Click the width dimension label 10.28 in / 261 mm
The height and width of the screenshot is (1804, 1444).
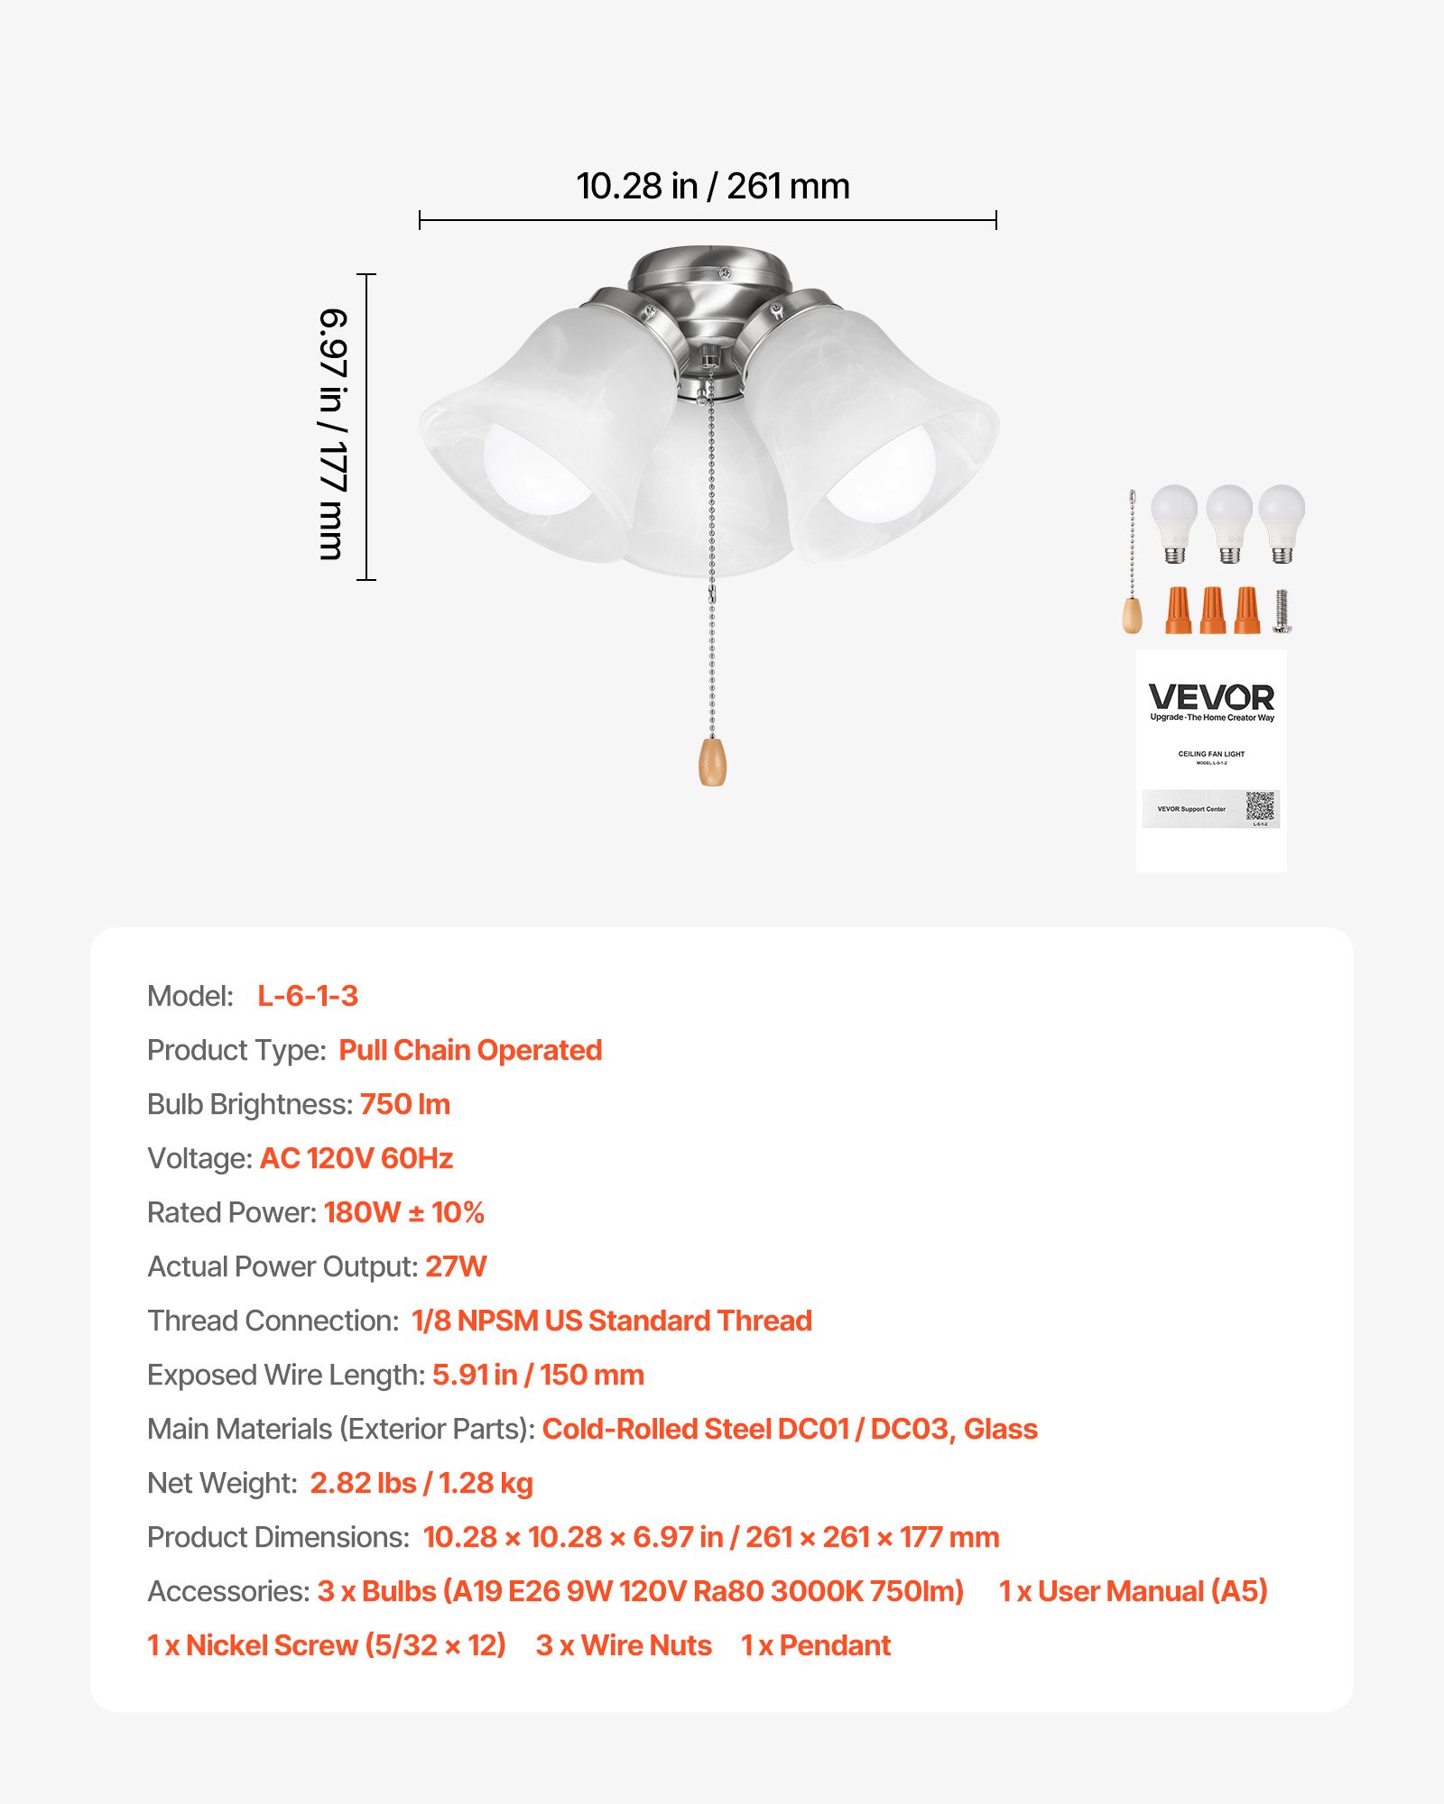click(713, 187)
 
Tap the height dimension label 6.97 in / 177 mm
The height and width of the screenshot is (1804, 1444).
click(333, 434)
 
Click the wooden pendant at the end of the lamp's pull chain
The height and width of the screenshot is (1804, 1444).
click(712, 761)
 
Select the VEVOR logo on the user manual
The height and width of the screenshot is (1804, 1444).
click(1211, 697)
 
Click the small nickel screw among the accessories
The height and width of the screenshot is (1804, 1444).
click(1282, 611)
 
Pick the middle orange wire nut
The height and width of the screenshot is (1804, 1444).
click(1213, 611)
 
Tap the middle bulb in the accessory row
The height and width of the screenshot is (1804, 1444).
click(1229, 521)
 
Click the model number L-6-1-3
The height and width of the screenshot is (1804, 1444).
click(308, 996)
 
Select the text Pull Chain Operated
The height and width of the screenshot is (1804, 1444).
click(470, 1050)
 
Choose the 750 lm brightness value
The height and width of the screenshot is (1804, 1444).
click(405, 1104)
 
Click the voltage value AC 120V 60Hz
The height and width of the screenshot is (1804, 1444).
click(356, 1158)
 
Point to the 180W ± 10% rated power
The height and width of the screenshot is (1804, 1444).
click(404, 1212)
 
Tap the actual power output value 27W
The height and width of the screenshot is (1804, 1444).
click(456, 1266)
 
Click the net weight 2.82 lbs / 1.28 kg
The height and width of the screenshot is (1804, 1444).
click(421, 1483)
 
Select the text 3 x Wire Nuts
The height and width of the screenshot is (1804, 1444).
click(624, 1645)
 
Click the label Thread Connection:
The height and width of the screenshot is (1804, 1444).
click(273, 1321)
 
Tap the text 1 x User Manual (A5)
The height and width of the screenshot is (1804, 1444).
click(1133, 1591)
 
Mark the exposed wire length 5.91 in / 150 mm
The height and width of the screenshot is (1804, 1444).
click(538, 1375)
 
